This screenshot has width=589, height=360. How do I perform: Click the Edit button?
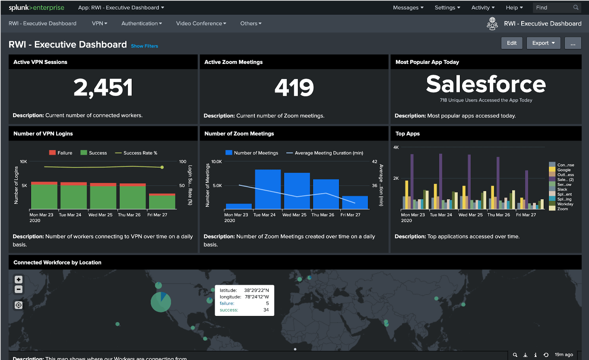512,43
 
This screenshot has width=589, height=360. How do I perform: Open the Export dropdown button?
543,43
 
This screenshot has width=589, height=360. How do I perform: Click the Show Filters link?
144,46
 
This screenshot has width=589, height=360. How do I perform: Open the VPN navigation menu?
99,23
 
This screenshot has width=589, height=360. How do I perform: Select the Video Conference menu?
201,23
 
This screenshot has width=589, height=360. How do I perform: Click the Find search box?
554,8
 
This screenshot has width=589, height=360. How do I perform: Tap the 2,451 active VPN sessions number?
103,88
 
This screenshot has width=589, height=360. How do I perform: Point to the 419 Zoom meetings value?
294,88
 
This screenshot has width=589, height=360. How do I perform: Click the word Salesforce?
486,84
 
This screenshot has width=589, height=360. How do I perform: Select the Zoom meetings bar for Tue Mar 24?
268,189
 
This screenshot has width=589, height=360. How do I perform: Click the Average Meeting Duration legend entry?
328,153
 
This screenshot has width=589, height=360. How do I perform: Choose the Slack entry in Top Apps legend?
562,189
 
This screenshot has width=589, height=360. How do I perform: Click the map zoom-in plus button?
19,280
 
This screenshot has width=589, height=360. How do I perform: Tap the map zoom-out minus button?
19,290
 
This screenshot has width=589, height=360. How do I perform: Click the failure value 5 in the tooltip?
267,303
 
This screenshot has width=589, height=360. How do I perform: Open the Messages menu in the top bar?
408,8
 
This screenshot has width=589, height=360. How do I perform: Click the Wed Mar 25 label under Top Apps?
470,215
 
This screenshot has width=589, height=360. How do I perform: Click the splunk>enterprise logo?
36,8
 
